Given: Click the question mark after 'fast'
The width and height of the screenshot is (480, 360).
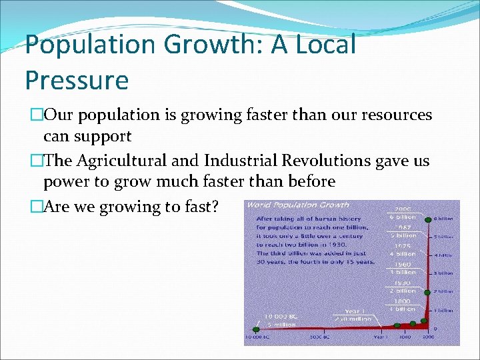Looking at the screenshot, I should [216, 207].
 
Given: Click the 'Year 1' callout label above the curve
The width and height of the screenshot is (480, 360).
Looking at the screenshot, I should [355, 311].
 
